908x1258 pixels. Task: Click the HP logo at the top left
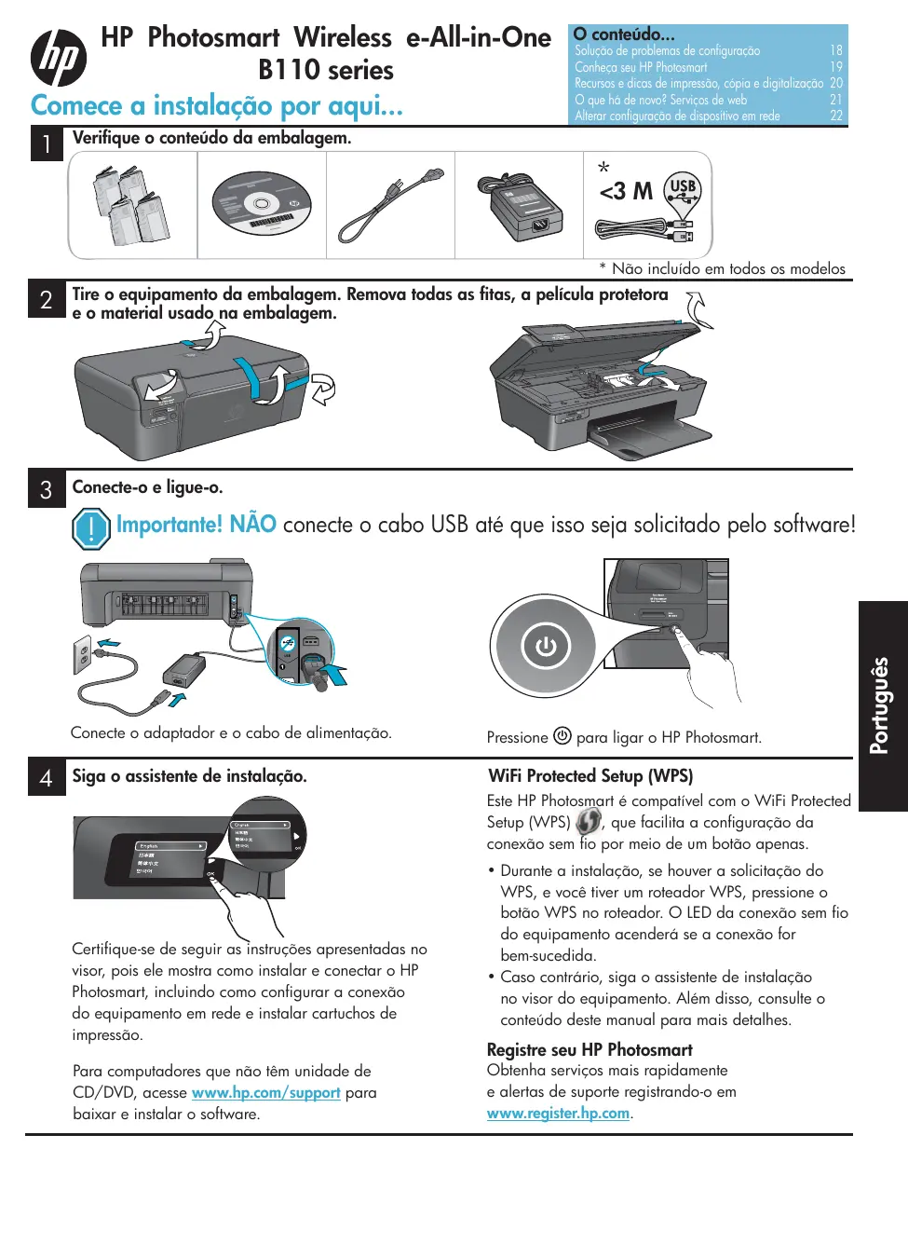click(59, 58)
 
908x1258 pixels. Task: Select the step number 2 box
click(47, 299)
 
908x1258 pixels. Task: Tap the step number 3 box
click(47, 489)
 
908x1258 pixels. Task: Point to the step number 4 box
click(47, 777)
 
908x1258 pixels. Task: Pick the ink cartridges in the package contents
click(131, 206)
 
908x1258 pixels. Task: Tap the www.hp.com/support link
click(265, 1092)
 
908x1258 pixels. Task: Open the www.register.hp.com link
click(558, 1113)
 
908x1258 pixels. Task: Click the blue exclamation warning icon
click(90, 528)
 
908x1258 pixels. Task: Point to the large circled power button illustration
click(545, 646)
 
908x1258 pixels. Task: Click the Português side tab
click(881, 705)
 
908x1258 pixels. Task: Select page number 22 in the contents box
click(835, 116)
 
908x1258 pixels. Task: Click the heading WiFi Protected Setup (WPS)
click(590, 776)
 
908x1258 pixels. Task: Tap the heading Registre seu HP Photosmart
click(590, 1049)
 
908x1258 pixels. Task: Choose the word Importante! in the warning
click(169, 525)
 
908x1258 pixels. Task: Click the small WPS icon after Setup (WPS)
click(588, 822)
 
